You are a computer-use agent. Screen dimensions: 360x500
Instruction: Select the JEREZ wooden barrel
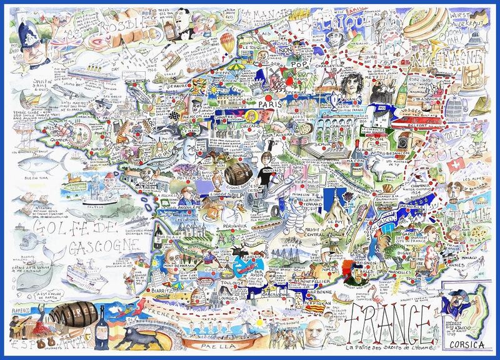click(x=71, y=314)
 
